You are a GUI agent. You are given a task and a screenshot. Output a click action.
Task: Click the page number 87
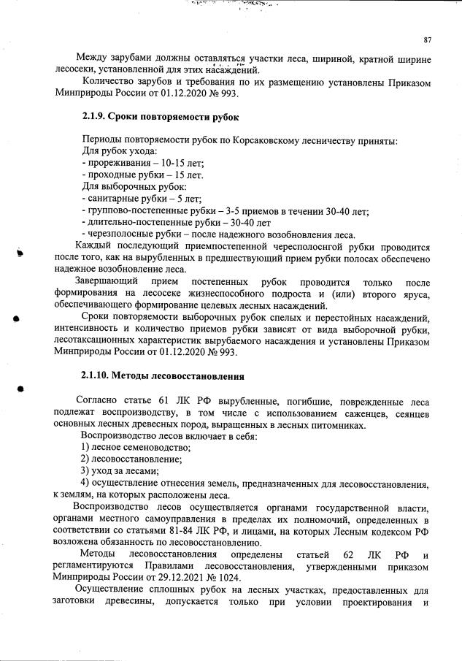pos(428,39)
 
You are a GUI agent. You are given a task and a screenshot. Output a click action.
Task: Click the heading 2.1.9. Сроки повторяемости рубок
pos(160,117)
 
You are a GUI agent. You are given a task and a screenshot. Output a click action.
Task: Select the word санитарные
pos(112,199)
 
